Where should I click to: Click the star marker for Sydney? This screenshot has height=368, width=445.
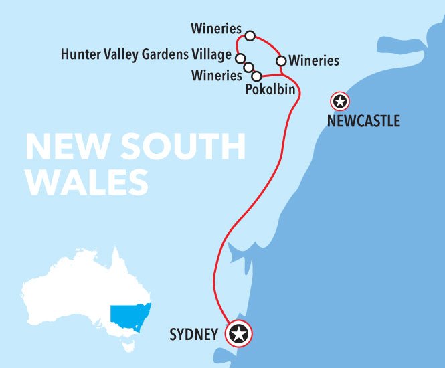pyautogui.click(x=239, y=333)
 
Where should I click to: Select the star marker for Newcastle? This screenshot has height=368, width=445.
pyautogui.click(x=340, y=102)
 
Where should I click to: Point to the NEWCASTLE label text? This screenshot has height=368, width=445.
pyautogui.click(x=363, y=121)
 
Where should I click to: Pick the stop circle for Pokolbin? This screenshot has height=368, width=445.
pyautogui.click(x=256, y=76)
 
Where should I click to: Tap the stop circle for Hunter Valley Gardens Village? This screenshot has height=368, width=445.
pyautogui.click(x=240, y=58)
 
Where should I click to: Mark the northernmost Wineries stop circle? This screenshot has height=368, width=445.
pyautogui.click(x=250, y=35)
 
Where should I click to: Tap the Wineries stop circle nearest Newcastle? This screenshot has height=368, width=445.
pyautogui.click(x=282, y=61)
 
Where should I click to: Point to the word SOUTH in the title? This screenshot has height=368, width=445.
pyautogui.click(x=174, y=147)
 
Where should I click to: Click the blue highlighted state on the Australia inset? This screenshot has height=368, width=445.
pyautogui.click(x=129, y=316)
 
